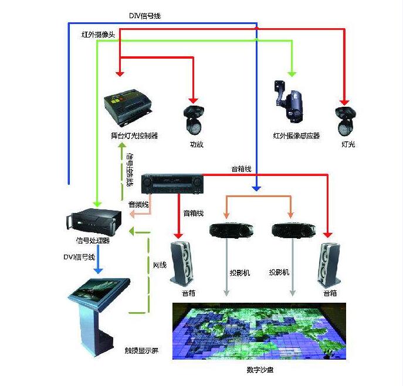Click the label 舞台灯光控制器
coord(134,136)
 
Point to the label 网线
coord(160,265)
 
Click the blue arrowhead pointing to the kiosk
coord(99,270)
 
